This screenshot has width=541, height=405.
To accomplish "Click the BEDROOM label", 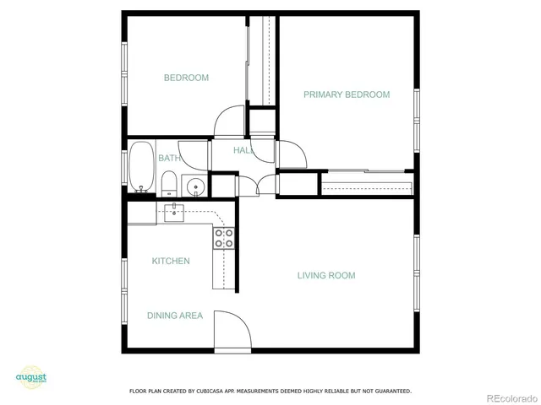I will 186,78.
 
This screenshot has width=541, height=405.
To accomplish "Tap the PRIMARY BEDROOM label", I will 347,94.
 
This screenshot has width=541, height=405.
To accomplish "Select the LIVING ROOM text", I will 325,275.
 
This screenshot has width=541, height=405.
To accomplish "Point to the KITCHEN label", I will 171,261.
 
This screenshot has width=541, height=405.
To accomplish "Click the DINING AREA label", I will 175,316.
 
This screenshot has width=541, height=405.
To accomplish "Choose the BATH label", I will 168,158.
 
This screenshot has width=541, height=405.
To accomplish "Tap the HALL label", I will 243,150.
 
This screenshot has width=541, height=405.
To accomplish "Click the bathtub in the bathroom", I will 140,166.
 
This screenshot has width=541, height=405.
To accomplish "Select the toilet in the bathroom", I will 168,182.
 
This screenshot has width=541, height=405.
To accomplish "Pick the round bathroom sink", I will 196,186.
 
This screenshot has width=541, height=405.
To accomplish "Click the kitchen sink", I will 174,211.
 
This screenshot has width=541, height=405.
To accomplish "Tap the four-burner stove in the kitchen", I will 224,239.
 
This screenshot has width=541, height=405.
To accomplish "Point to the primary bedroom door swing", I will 292,154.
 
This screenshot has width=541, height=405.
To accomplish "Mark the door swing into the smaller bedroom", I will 228,122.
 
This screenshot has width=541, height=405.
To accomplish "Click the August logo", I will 30,377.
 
